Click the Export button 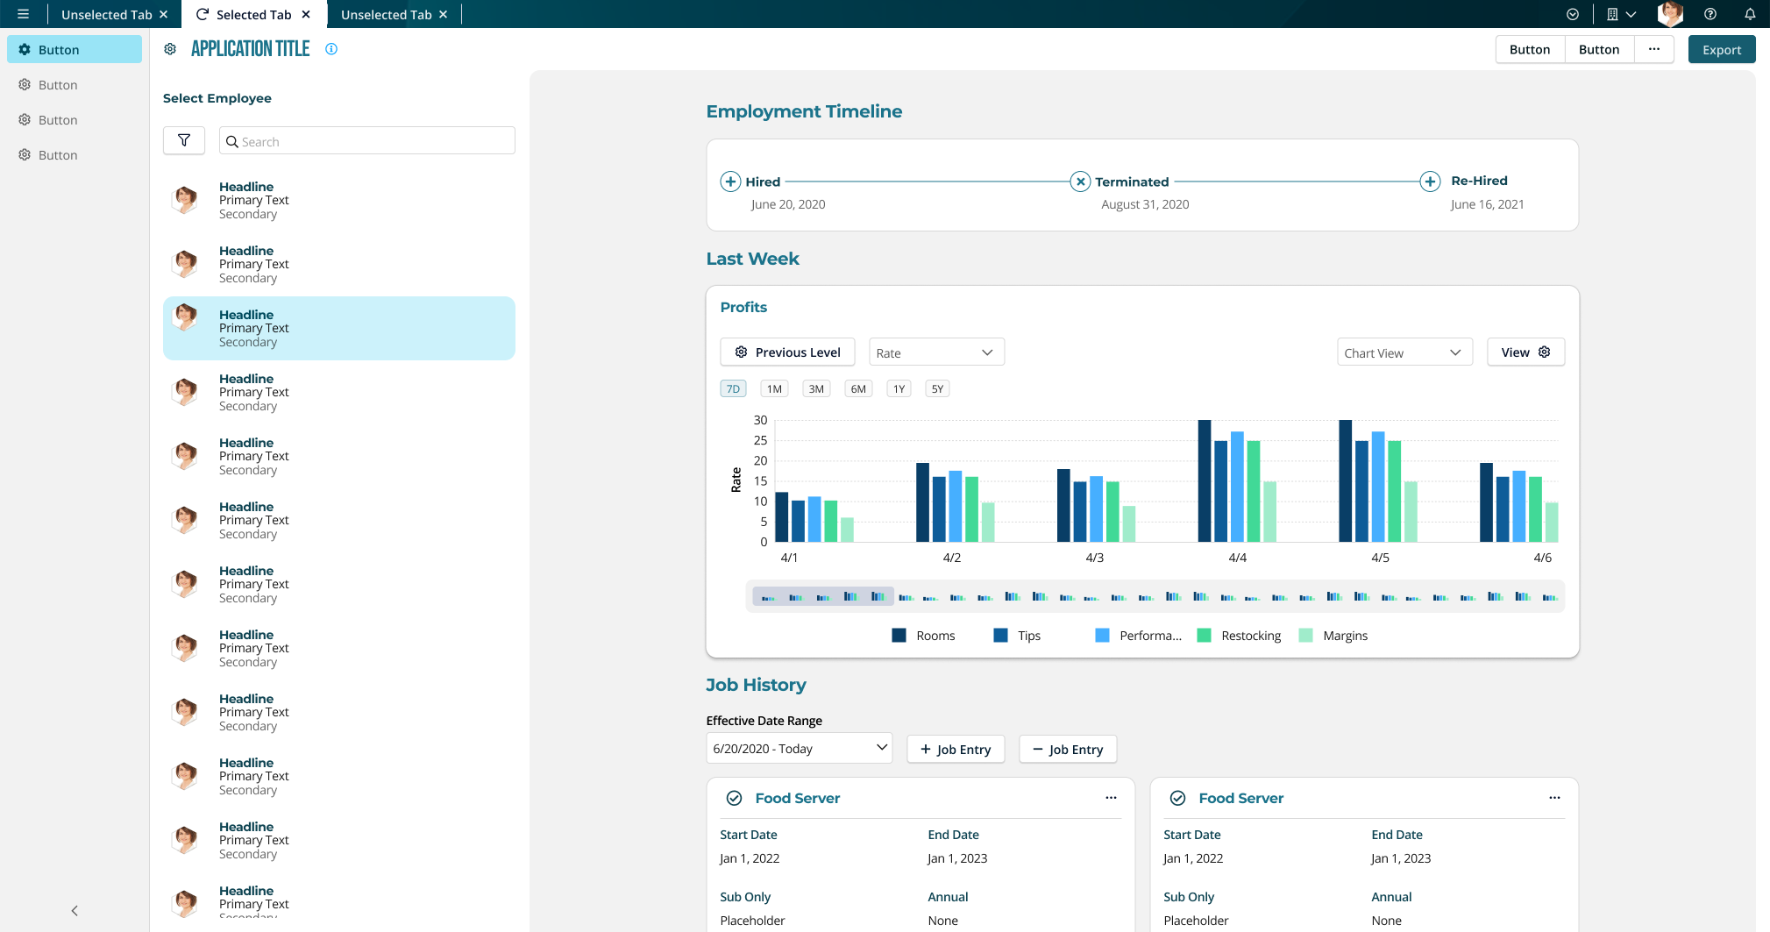(x=1721, y=50)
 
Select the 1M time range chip (x=774, y=389)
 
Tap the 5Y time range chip (x=937, y=389)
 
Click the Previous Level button (x=787, y=352)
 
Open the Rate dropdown (x=936, y=352)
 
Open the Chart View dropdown (x=1404, y=352)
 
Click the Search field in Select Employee (x=367, y=141)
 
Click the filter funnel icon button (x=184, y=140)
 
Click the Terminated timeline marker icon (x=1080, y=181)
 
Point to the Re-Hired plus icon (x=1430, y=181)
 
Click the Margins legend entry (x=1333, y=636)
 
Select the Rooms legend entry (x=923, y=636)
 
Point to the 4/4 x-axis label (x=1237, y=558)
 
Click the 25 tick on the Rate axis (x=760, y=440)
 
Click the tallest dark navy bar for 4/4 (x=1204, y=480)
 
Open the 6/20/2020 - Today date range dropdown (x=799, y=748)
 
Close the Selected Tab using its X (x=306, y=14)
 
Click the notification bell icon (x=1750, y=14)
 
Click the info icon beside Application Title (x=331, y=49)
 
